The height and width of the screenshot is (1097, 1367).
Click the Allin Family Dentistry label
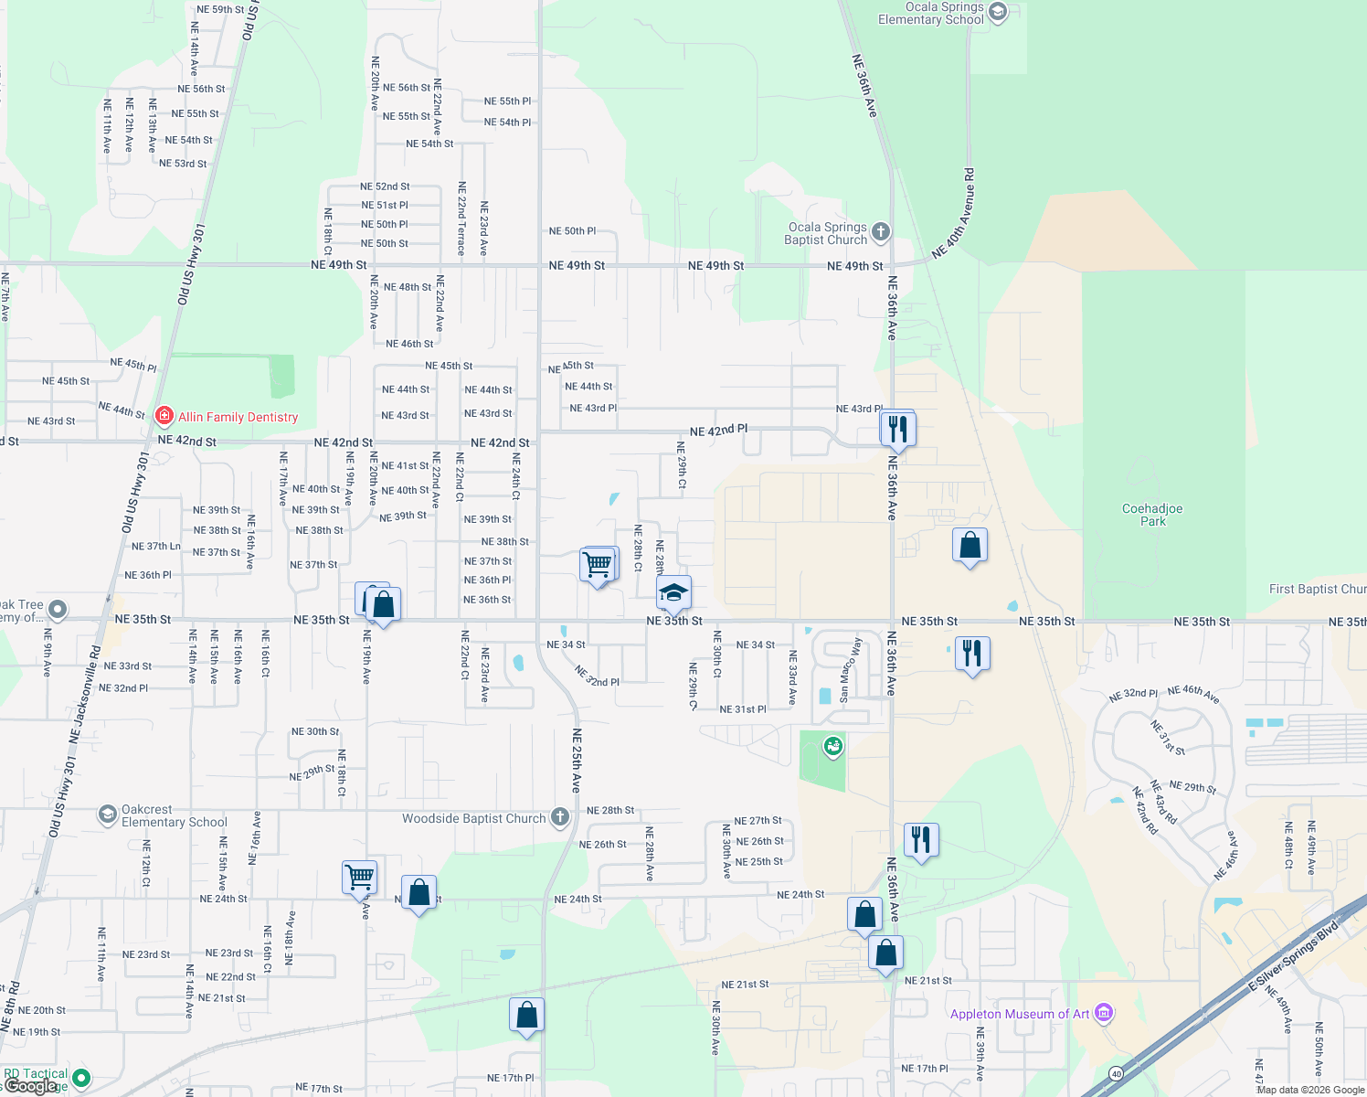(238, 417)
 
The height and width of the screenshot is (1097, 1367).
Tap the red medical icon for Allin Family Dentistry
(164, 417)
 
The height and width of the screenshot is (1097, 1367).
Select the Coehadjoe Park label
(1152, 515)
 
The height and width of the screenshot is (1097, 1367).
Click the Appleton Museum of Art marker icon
(1104, 1013)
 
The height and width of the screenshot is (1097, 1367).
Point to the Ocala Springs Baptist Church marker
(881, 232)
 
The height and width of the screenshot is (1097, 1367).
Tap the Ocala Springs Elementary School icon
(998, 12)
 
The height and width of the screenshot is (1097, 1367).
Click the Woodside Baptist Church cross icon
(560, 818)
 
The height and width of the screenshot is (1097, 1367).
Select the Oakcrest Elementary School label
(174, 815)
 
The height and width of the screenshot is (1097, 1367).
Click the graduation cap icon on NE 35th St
(673, 593)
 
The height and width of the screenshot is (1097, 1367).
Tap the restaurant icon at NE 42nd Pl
(897, 428)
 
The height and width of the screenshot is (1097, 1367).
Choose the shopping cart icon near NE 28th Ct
(598, 565)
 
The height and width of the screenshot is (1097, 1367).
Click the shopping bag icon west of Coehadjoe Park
(970, 546)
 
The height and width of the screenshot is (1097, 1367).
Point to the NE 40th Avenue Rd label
(955, 212)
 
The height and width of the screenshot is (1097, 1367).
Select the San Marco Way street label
(850, 670)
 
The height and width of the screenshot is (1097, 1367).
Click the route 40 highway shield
(1116, 1073)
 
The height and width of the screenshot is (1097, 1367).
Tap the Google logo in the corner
(30, 1086)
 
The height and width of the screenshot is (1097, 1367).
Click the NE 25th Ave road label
(577, 760)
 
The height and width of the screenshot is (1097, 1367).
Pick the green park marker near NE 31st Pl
(832, 747)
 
